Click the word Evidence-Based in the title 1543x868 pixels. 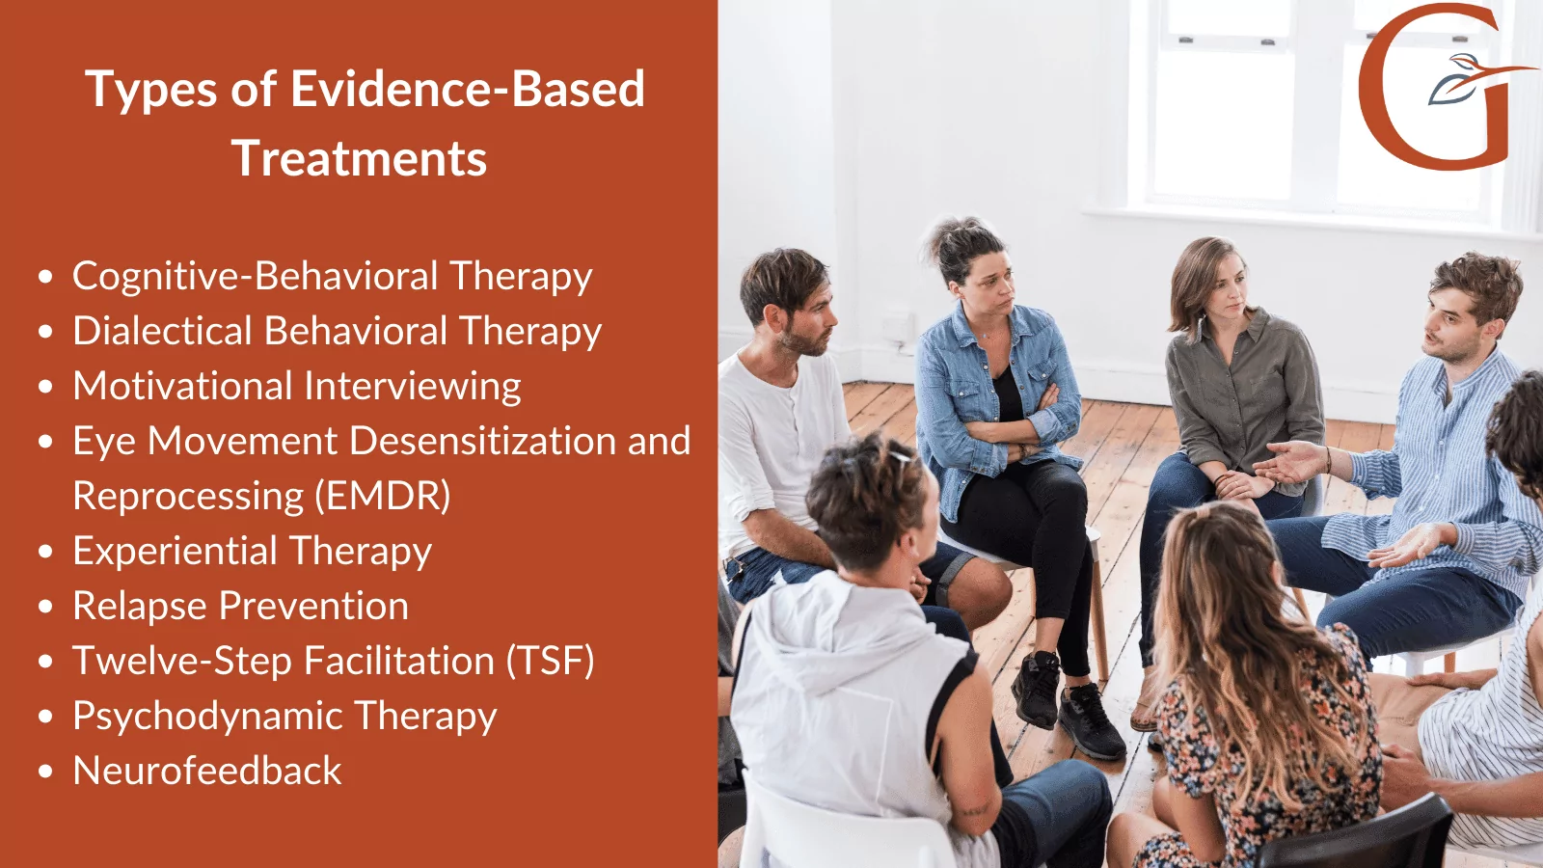[x=467, y=90]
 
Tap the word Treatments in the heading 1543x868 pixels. [x=359, y=159]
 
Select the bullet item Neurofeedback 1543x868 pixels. [x=207, y=771]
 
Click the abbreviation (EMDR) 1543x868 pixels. [x=383, y=496]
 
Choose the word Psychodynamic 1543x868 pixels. [x=207, y=717]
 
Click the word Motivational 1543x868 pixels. [x=183, y=386]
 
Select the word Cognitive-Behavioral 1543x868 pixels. [x=256, y=277]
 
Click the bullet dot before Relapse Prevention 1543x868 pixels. [x=45, y=608]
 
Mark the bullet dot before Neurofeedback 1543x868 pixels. [x=45, y=773]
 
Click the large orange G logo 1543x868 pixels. [x=1427, y=87]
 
